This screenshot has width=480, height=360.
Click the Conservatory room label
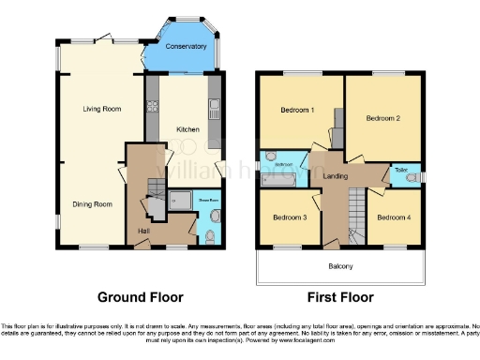pyautogui.click(x=185, y=47)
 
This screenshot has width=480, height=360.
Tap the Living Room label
pyautogui.click(x=101, y=109)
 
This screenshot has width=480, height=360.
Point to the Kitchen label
pyautogui.click(x=188, y=129)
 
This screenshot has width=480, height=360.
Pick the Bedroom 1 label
pyautogui.click(x=297, y=110)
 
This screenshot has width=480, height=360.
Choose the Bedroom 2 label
pyautogui.click(x=382, y=118)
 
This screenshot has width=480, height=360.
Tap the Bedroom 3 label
pyautogui.click(x=289, y=217)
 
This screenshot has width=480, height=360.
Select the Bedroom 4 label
pyautogui.click(x=394, y=217)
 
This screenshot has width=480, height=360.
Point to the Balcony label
pyautogui.click(x=341, y=266)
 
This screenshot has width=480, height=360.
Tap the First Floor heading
pyautogui.click(x=341, y=297)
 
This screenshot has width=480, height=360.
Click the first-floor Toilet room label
pyautogui.click(x=400, y=170)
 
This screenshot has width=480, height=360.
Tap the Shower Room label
pyautogui.click(x=207, y=199)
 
